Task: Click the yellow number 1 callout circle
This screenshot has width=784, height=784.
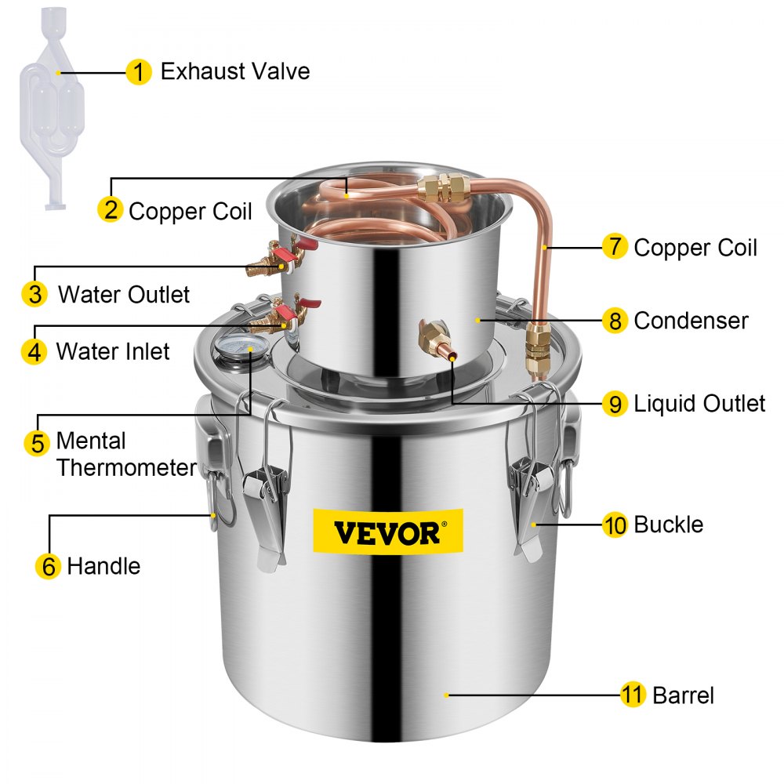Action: [138, 72]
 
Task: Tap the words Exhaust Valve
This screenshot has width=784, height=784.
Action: [235, 72]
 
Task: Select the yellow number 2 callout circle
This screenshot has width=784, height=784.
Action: [111, 209]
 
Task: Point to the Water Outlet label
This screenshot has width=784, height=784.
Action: [124, 295]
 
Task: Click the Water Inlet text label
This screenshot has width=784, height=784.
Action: [113, 350]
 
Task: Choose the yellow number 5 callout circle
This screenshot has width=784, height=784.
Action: [37, 442]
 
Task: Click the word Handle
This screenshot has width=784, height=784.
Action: [103, 566]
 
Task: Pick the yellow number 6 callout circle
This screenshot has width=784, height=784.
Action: [49, 566]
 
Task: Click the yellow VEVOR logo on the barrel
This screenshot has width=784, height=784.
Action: [388, 532]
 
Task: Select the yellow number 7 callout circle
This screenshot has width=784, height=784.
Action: [615, 248]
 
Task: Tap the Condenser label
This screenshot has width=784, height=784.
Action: [691, 321]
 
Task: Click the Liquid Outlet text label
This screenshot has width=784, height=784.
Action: [699, 404]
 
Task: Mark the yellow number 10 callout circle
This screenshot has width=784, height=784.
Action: [615, 524]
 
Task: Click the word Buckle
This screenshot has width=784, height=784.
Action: [668, 524]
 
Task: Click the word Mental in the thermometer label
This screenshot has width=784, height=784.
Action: [91, 441]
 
